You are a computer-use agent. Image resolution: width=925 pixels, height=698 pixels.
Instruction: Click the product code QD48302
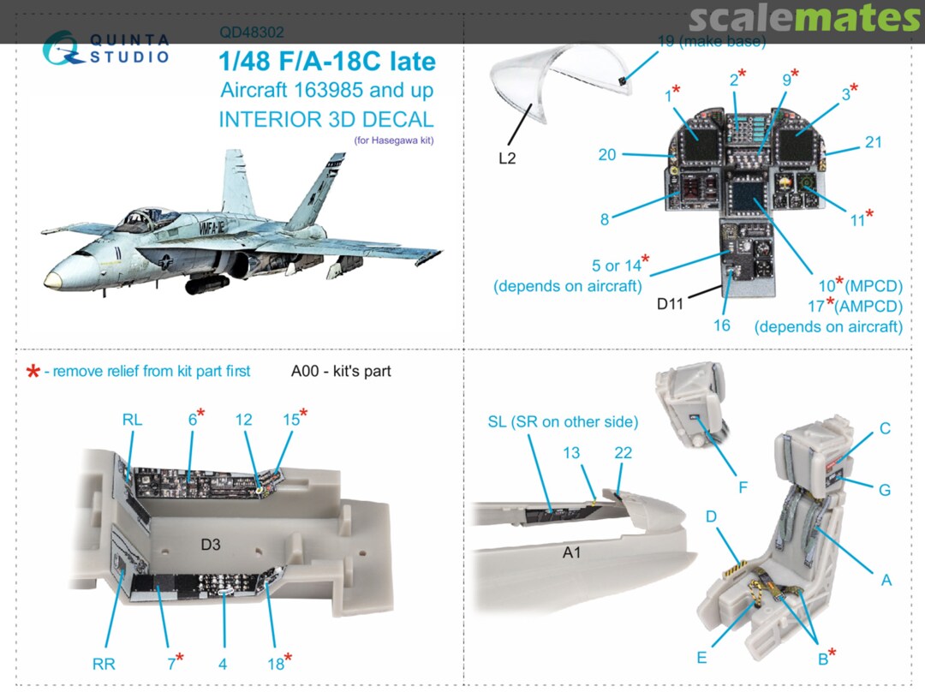[x=252, y=33]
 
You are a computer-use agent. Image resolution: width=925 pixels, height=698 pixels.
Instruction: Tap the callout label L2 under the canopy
[x=507, y=158]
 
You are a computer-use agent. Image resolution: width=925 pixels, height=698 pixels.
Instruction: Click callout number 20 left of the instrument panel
[x=607, y=154]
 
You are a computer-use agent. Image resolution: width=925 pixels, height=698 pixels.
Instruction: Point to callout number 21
[x=873, y=142]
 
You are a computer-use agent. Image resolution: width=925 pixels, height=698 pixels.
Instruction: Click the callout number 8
[x=605, y=219]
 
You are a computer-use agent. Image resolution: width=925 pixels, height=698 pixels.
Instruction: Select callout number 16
[x=722, y=325]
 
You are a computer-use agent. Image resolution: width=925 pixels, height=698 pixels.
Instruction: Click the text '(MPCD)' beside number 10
[x=874, y=285]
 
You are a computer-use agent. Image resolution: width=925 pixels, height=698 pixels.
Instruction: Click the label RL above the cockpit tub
[x=132, y=419]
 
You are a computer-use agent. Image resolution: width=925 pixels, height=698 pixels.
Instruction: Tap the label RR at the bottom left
[x=104, y=664]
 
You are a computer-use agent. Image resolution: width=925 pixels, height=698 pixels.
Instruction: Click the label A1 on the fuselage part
[x=572, y=553]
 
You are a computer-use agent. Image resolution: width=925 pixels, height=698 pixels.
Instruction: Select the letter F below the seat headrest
[x=743, y=487]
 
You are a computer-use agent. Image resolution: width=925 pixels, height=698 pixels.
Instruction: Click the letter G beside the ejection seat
[x=885, y=490]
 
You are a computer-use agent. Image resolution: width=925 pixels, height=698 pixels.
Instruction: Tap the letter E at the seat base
[x=701, y=658]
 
